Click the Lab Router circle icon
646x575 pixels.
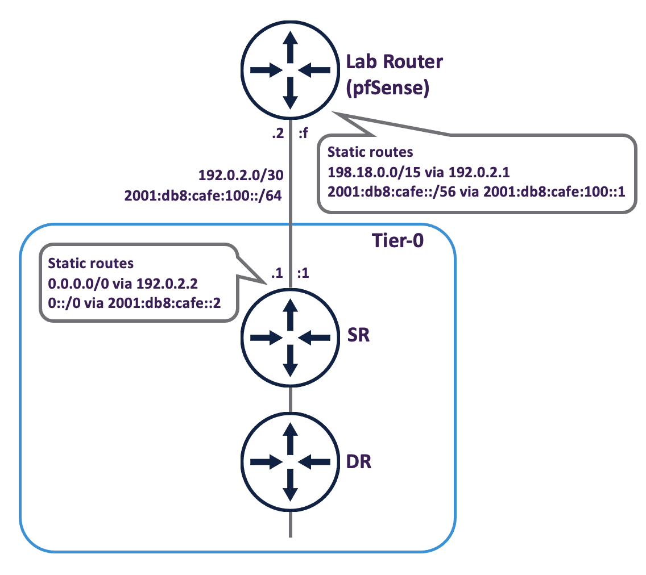pos(291,70)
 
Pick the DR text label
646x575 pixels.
pos(359,461)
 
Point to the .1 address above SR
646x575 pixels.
pos(276,272)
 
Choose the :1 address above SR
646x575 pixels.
pos(303,272)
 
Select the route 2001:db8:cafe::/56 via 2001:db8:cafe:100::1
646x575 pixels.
pos(477,191)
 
